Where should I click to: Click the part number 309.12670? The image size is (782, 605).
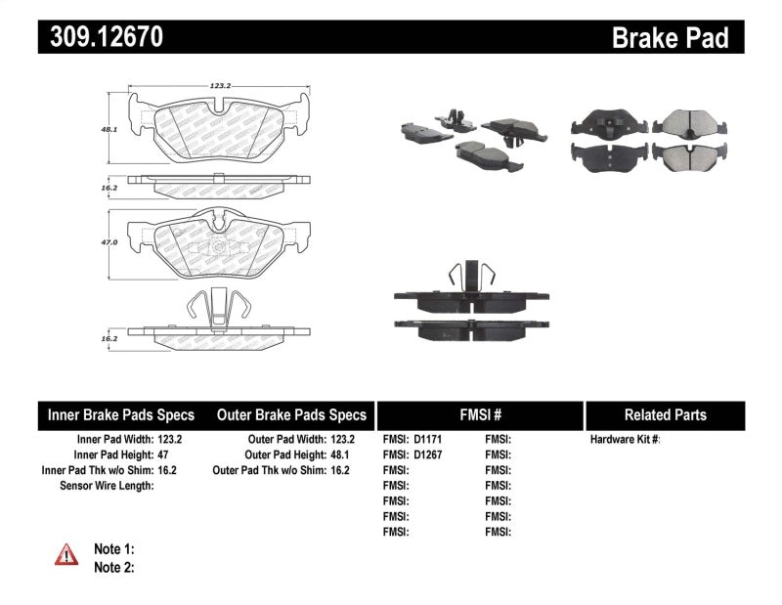click(x=101, y=37)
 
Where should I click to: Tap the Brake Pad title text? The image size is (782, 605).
click(x=670, y=37)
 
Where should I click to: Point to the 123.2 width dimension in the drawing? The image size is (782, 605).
click(x=220, y=86)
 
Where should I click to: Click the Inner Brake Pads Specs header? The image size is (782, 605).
click(x=121, y=414)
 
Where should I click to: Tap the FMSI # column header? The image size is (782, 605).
click(x=479, y=414)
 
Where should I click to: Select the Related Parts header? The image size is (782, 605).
click(x=665, y=414)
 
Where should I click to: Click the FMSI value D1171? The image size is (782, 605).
click(x=428, y=440)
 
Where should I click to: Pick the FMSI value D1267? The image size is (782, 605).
click(x=428, y=454)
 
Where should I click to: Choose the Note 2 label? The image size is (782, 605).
click(x=113, y=567)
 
